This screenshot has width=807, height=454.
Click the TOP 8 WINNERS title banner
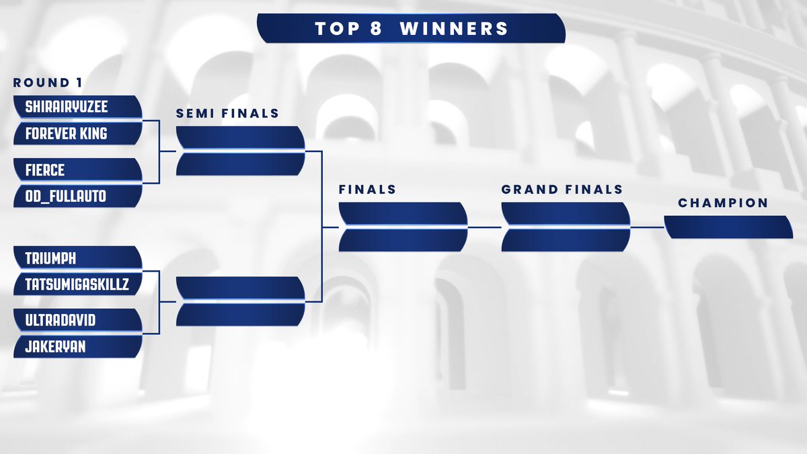[x=411, y=29]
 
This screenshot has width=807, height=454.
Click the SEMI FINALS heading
[x=227, y=114]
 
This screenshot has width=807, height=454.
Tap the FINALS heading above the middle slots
[x=367, y=190]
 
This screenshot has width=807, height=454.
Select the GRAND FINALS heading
[x=562, y=190]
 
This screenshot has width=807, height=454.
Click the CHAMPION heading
[x=723, y=203]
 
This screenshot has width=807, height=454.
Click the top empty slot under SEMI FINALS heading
[x=240, y=138]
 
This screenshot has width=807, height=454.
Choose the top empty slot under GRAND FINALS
[x=566, y=214]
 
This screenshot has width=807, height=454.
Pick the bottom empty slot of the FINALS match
[x=403, y=240]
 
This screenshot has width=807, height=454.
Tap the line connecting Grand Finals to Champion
[x=647, y=227]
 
